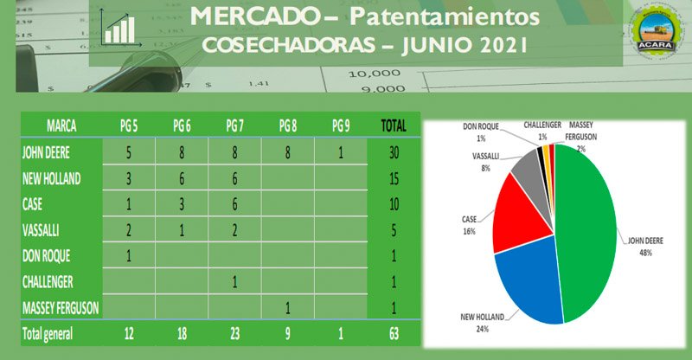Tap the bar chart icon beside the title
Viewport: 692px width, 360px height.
(x=119, y=28)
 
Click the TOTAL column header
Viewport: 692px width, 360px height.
(x=394, y=125)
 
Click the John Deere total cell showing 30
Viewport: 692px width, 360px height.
(x=394, y=152)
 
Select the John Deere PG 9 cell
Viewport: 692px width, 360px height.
(x=342, y=152)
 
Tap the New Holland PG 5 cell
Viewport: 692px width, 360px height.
(x=128, y=178)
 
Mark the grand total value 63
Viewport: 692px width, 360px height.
(x=394, y=333)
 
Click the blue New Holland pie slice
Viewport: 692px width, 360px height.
(x=528, y=277)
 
